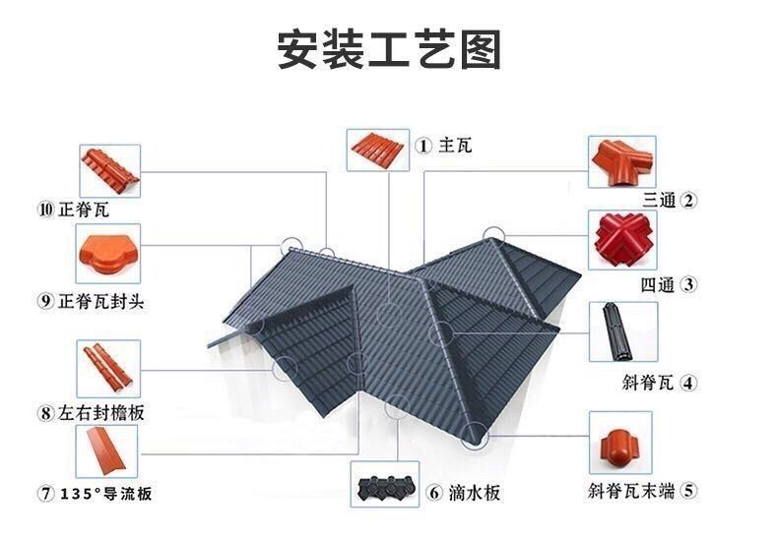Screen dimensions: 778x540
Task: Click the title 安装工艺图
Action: pos(388,49)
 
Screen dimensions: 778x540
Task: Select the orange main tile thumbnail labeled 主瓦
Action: pos(377,150)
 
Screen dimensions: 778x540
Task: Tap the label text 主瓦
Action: pos(455,147)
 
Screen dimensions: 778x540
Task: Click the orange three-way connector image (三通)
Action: pos(621,162)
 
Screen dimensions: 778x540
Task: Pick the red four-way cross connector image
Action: pos(622,240)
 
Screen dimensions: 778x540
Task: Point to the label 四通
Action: pos(658,285)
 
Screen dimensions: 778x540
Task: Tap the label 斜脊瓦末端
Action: pos(630,491)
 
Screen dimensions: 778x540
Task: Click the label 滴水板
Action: pos(474,493)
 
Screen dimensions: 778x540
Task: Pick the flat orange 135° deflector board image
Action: pos(106,450)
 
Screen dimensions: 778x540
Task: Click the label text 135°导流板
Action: pos(105,494)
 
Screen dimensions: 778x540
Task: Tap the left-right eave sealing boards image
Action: pos(108,369)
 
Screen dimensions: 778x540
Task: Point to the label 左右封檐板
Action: pos(100,412)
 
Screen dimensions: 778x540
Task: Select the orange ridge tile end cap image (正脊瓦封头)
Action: pos(108,254)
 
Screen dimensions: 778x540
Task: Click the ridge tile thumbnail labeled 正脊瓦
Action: pos(109,171)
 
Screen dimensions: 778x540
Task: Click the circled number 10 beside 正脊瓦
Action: pos(45,210)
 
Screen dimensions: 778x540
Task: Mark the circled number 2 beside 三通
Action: pos(688,200)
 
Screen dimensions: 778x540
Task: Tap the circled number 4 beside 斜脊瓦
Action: pos(688,383)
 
